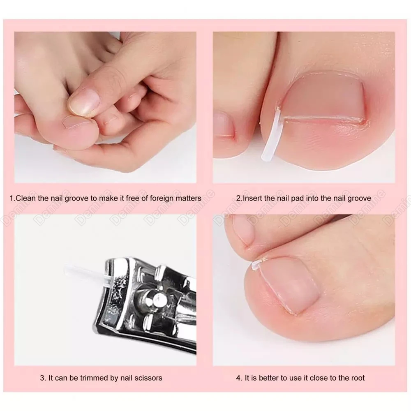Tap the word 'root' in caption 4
point(356,378)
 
